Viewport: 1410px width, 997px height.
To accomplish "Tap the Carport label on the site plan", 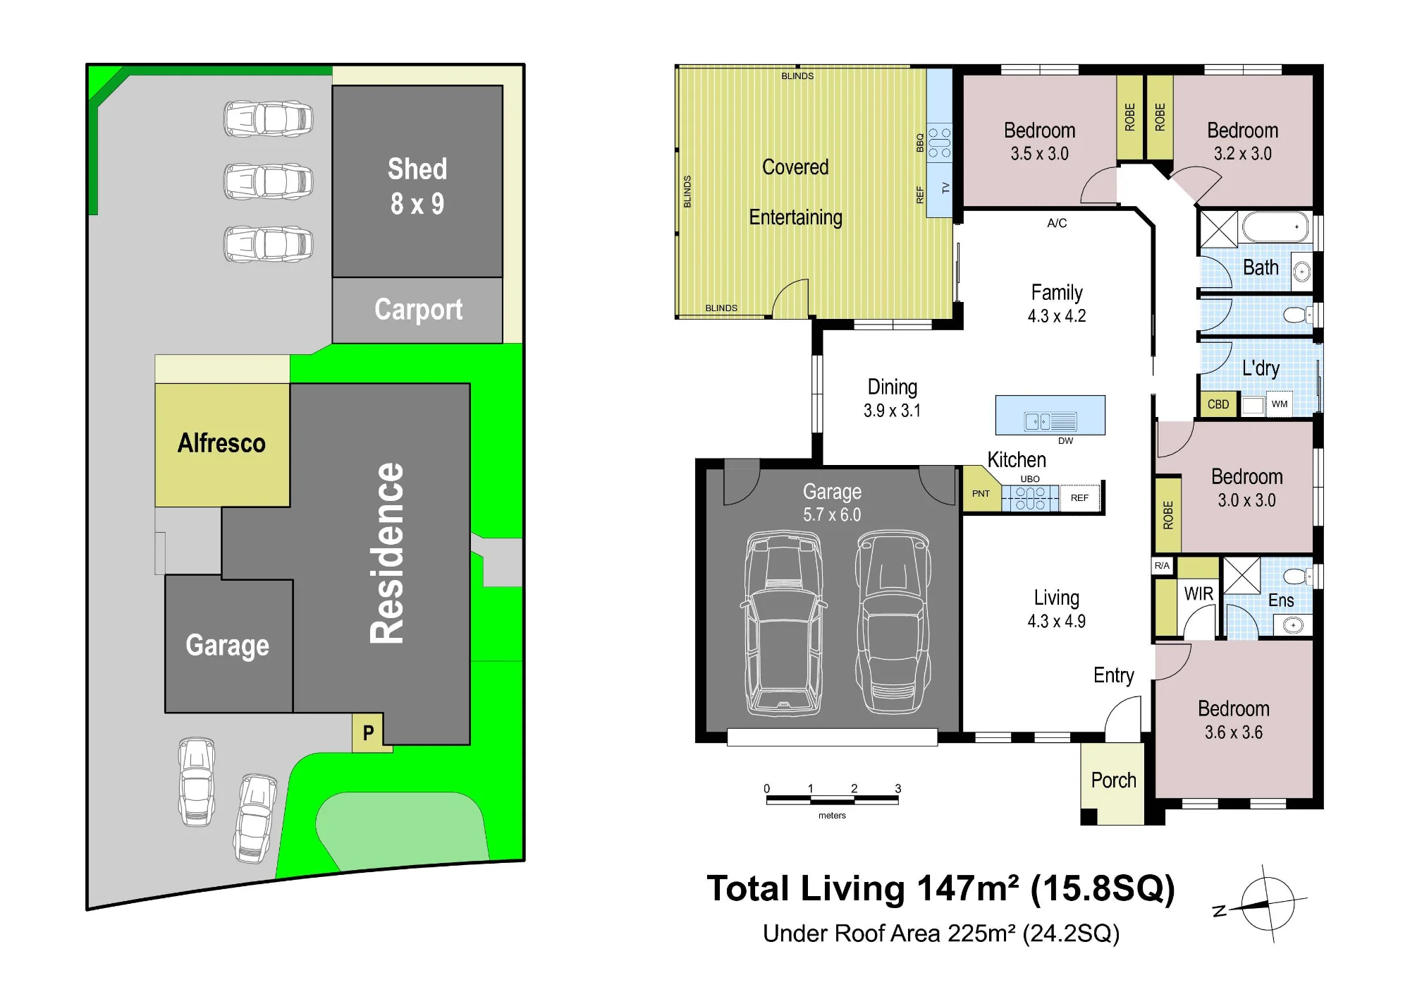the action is coord(418,310).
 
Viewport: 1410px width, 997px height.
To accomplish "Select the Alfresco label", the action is coord(221,443).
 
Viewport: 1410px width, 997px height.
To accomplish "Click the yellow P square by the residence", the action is coord(368,733).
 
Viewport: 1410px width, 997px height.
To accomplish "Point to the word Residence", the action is coord(387,553).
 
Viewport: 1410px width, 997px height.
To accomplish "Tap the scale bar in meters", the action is coord(832,800).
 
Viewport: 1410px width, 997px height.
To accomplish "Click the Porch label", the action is coord(1113,780).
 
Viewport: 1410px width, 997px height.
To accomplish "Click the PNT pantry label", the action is coord(981,494).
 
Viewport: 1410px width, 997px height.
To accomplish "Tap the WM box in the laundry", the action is coord(1280,404).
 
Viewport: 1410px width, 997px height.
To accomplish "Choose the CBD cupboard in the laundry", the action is coord(1218,404).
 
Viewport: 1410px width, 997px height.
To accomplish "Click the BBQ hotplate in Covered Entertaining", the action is coord(939,143).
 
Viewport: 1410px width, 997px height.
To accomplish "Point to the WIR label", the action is coord(1198,593).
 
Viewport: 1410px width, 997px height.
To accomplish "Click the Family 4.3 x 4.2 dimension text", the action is coord(1057,316).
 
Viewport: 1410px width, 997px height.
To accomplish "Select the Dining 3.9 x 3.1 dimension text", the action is coord(892,411).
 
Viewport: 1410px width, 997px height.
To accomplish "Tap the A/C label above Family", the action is coord(1057,223).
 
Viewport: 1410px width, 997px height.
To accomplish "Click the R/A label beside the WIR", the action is coord(1162,566).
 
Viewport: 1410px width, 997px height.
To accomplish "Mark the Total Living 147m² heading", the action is coord(941,889).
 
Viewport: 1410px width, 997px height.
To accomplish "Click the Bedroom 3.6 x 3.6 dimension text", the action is coord(1233,732).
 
